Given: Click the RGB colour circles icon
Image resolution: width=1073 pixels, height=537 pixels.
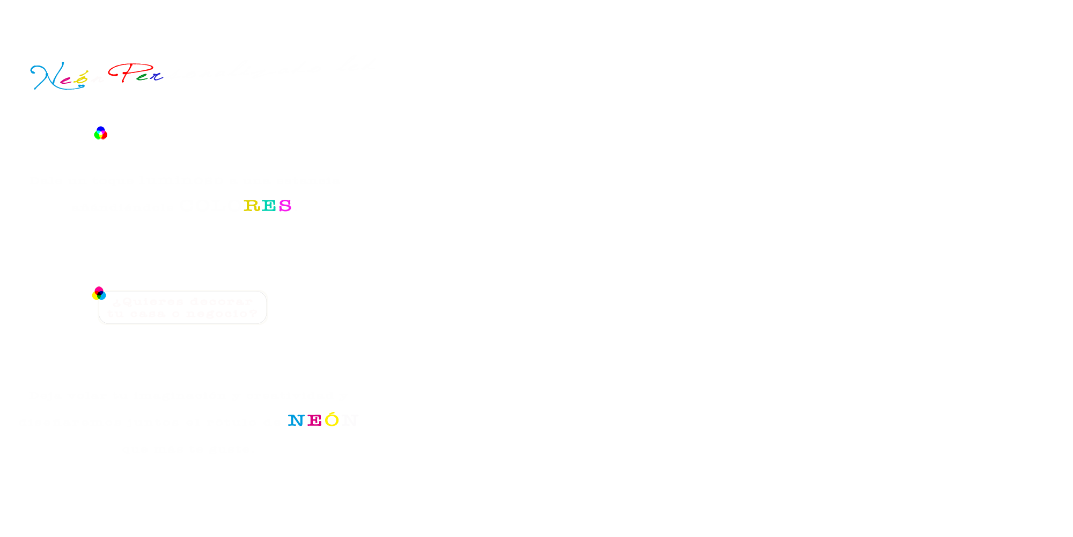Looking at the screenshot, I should pos(100,133).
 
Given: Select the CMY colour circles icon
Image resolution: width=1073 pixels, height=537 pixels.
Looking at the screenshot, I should pos(99,293).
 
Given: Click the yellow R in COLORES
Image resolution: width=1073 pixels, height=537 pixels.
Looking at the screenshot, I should pos(252,206).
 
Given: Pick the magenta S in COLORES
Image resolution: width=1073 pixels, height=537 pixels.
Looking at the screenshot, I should pos(285,206).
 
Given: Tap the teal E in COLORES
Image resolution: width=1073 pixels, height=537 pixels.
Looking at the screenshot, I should pos(269,206).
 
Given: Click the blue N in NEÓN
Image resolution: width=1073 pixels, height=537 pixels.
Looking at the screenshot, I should pos(296,420).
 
